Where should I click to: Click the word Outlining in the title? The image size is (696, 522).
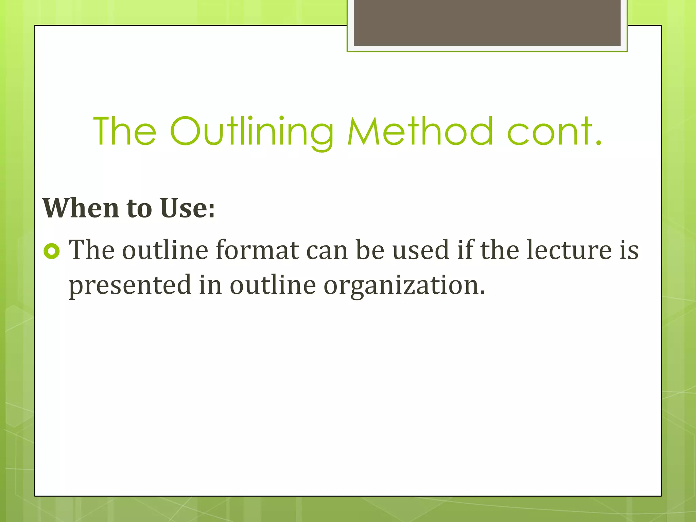point(251,132)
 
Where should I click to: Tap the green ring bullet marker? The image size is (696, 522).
point(52,251)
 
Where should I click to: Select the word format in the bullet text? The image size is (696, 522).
point(257,250)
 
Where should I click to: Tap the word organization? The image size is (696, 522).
point(404,285)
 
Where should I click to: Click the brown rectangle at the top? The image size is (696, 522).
point(487,22)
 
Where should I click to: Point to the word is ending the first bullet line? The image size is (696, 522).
point(629,250)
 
